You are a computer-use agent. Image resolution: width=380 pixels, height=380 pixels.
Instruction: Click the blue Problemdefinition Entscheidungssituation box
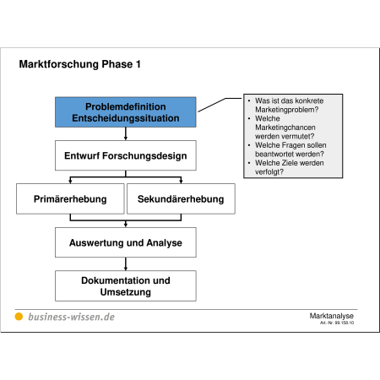tap(126, 112)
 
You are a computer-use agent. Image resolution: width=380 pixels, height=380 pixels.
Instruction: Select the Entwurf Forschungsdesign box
tap(126, 155)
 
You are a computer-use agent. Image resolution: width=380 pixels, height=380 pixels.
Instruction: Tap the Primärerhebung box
tap(70, 198)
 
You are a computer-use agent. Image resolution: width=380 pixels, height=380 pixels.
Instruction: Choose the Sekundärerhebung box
tap(181, 198)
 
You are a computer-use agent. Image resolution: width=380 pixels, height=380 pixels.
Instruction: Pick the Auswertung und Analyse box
tap(126, 242)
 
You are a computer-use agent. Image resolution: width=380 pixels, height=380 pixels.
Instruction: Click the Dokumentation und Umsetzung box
tap(126, 285)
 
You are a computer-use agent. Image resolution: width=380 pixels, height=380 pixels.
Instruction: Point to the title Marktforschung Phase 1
tap(79, 64)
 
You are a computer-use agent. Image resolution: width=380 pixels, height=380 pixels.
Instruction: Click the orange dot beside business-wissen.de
tap(19, 317)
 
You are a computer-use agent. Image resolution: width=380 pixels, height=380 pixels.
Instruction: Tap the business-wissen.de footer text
tap(72, 317)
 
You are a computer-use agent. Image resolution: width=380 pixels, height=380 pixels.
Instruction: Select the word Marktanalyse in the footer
tap(332, 316)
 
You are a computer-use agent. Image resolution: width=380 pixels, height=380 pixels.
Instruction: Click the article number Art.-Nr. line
tap(337, 323)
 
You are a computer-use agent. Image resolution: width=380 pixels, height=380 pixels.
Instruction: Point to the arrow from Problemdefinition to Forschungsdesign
tap(126, 133)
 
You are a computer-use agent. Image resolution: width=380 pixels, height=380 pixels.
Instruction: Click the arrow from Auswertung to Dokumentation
tap(126, 264)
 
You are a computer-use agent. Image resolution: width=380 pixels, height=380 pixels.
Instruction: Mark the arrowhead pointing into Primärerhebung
tap(70, 181)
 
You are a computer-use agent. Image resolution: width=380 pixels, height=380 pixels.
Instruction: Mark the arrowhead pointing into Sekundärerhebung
tap(181, 181)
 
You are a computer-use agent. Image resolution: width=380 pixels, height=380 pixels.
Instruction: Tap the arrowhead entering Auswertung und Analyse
tap(126, 225)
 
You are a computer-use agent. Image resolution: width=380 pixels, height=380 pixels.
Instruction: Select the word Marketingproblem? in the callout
tap(287, 110)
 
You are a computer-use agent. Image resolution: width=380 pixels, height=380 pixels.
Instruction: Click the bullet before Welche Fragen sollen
tap(249, 145)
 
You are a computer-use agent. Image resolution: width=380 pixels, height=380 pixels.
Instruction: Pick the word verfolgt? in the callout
tap(269, 171)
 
